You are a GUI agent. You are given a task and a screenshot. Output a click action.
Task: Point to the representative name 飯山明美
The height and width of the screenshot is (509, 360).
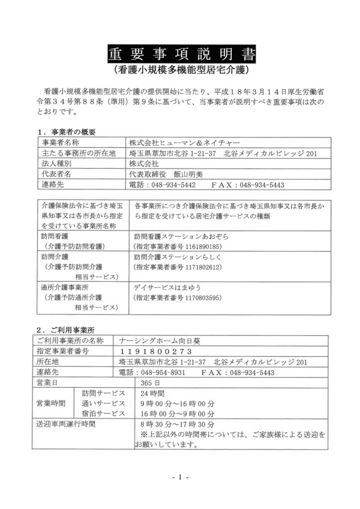pos(188,174)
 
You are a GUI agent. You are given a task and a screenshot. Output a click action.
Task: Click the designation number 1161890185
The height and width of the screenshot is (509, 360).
pos(199,246)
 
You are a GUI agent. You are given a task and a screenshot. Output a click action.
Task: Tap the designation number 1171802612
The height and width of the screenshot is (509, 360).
pos(199,267)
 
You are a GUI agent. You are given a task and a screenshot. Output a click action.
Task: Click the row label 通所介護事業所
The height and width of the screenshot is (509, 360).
pos(65,287)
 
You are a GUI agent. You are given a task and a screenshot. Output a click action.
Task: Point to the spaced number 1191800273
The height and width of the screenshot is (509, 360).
pos(149,351)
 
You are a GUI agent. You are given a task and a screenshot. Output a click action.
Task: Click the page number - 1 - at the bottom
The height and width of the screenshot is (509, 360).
pos(179,478)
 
